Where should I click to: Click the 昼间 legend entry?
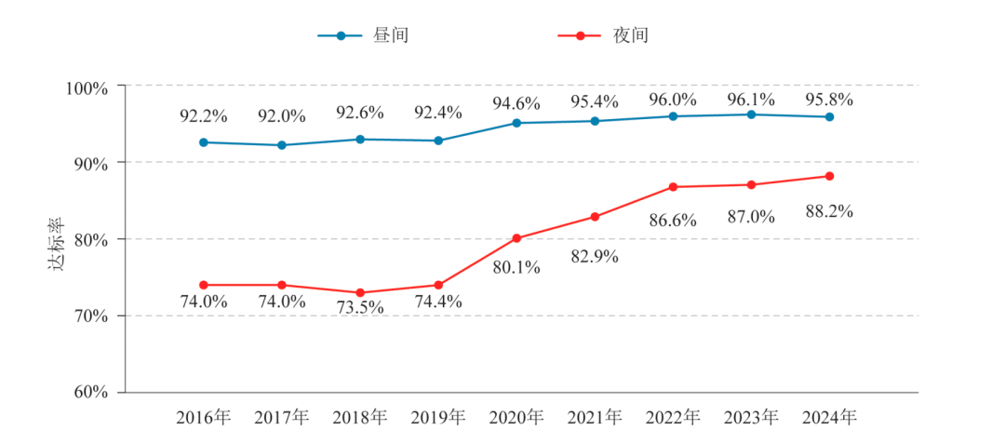click(363, 35)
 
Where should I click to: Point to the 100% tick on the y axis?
click(87, 87)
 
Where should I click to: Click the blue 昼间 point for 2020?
click(516, 123)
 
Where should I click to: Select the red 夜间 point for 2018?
click(360, 292)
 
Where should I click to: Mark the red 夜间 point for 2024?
click(829, 176)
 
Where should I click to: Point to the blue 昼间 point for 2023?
click(751, 114)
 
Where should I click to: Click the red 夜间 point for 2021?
click(595, 217)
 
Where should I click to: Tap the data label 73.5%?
click(360, 308)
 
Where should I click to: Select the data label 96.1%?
click(751, 99)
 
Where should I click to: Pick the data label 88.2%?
click(829, 211)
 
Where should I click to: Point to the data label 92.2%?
click(203, 116)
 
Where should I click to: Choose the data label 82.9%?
click(595, 256)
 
